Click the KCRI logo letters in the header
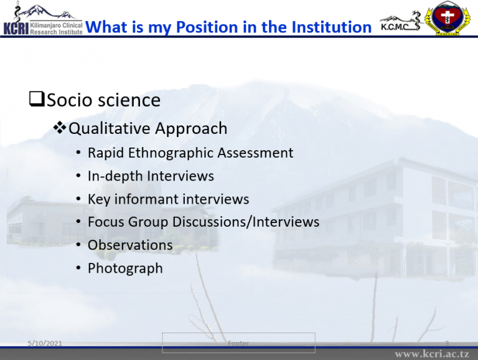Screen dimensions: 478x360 (16, 29)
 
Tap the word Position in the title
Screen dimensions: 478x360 (207, 27)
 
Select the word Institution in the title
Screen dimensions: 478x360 (332, 27)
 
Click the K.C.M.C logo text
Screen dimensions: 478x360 (395, 27)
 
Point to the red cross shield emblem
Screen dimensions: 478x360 (447, 17)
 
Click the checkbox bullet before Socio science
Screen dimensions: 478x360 (37, 99)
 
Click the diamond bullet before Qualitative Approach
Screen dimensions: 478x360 (60, 128)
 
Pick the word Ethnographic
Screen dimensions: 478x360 (171, 153)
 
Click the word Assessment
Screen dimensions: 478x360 (255, 153)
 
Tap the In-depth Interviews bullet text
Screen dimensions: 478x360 (151, 176)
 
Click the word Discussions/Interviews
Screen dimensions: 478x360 (246, 222)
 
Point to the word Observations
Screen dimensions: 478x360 (130, 245)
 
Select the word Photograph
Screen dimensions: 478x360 (125, 269)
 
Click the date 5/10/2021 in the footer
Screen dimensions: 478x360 (45, 343)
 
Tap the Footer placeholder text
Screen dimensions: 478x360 (238, 343)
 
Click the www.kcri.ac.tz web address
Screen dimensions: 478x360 (432, 354)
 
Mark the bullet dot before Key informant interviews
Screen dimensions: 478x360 (78, 199)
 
